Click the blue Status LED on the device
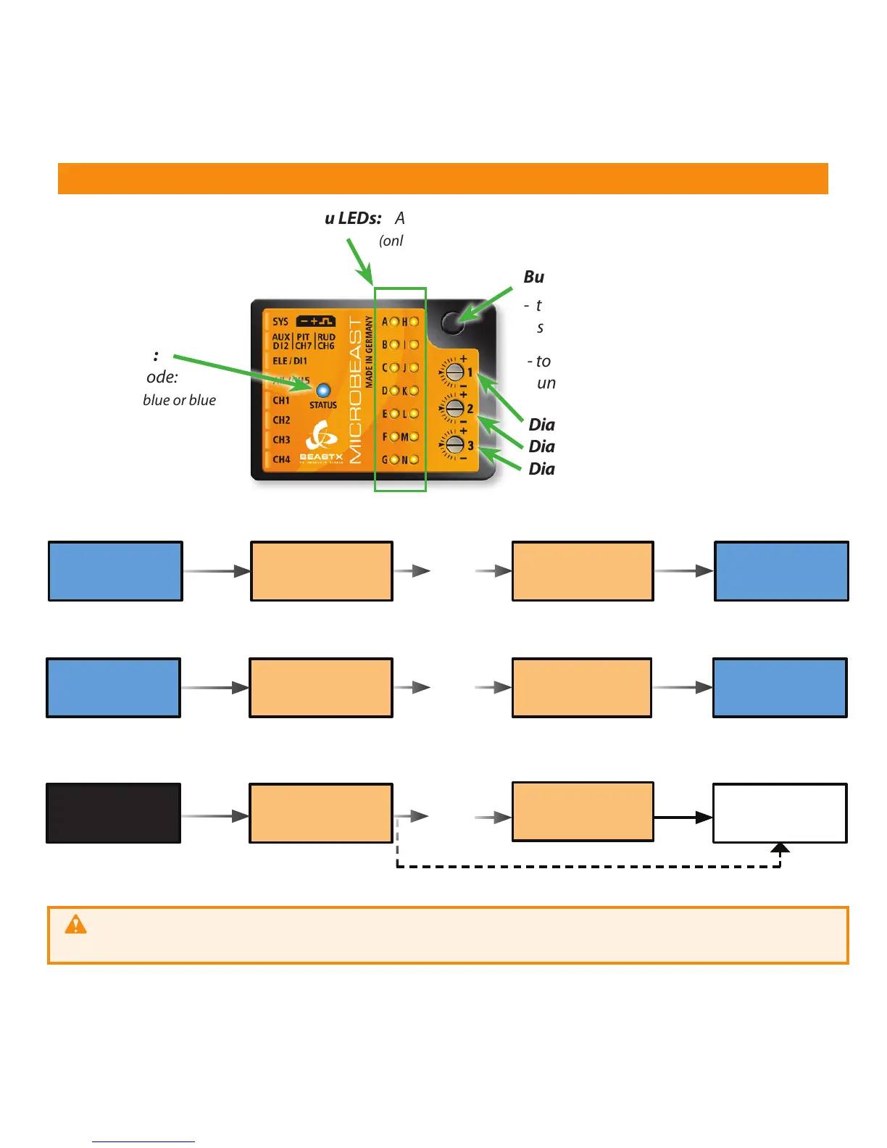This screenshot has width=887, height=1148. coord(323,391)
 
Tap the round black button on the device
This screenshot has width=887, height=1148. coord(452,322)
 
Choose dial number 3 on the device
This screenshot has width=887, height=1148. coord(454,444)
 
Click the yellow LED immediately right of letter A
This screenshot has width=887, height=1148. coord(394,322)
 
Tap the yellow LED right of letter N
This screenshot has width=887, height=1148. coord(414,459)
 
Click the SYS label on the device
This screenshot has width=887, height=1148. coord(280,321)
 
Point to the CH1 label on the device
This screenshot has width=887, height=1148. coord(281,400)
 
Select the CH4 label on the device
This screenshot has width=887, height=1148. coord(281,459)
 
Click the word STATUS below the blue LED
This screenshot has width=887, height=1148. coord(323,405)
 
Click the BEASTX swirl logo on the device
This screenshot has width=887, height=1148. coord(320,436)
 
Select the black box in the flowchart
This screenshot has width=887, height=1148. coord(113,813)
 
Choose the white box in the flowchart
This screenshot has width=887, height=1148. coord(780,813)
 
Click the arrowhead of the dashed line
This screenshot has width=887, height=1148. coord(780,848)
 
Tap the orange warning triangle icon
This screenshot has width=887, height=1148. coord(75,925)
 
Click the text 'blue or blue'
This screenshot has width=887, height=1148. coord(179,400)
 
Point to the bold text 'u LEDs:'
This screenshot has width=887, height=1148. coord(353,218)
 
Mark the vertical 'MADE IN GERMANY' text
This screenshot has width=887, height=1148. coord(369,352)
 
